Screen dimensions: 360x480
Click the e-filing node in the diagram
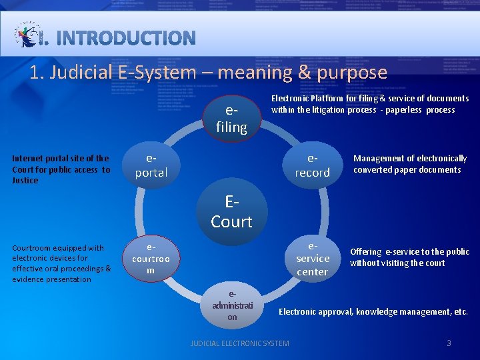tap(231, 118)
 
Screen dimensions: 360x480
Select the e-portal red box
tap(151, 165)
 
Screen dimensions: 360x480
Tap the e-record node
tap(312, 165)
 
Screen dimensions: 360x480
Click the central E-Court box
tap(231, 211)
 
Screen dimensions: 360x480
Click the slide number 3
tap(449, 343)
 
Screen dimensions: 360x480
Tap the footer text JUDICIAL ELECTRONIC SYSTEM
tap(240, 343)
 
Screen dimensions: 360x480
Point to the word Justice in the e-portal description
tap(25, 181)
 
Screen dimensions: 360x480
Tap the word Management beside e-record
tap(377, 159)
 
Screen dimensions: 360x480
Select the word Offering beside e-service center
tap(366, 252)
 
